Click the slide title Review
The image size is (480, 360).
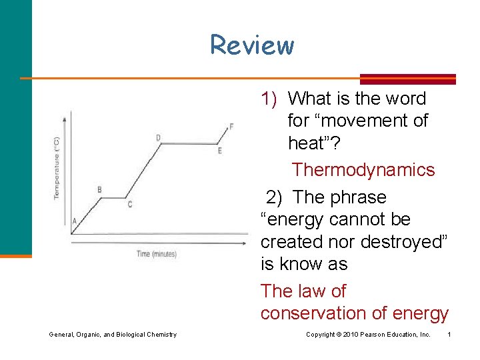pos(251,45)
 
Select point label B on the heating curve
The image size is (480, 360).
pos(99,189)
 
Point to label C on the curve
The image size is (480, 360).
pos(129,204)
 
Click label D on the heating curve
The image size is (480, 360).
pos(158,138)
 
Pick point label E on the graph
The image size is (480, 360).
pos(219,151)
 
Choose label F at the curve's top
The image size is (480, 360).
pos(231,126)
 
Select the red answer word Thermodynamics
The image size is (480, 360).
pos(363,170)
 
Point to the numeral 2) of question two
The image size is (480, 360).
pos(274,197)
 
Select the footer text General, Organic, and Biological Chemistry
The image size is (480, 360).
pos(113,334)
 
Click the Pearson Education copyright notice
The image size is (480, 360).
pos(368,334)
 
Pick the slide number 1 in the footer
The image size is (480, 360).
pos(449,334)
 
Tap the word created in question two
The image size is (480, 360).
pos(289,242)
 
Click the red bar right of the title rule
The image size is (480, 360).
pos(407,79)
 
